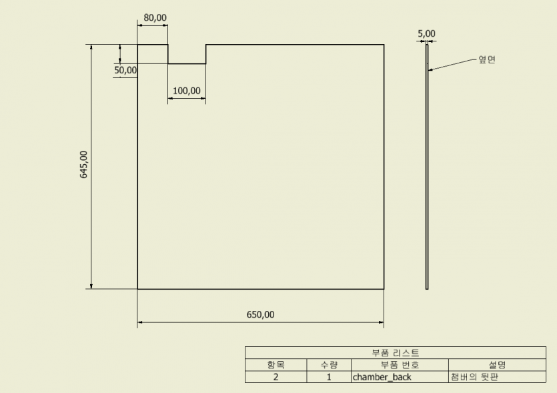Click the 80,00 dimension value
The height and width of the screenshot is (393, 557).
click(155, 17)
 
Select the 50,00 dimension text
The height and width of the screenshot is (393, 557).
click(125, 70)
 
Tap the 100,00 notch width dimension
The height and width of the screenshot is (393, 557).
click(187, 91)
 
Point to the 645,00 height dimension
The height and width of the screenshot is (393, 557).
click(84, 165)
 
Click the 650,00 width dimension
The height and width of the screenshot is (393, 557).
click(260, 314)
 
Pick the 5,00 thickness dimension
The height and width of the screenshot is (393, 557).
click(426, 33)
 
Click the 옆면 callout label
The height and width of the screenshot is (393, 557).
click(487, 59)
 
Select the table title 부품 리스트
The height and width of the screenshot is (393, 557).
click(396, 353)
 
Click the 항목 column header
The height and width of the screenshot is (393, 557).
click(276, 365)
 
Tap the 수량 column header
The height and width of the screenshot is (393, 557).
click(329, 365)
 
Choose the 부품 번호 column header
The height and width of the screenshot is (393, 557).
click(400, 365)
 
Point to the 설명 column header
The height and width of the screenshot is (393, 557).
click(498, 365)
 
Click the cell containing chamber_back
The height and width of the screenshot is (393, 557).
click(400, 377)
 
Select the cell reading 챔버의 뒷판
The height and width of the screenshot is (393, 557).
click(497, 377)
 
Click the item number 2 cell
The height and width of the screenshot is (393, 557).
click(275, 377)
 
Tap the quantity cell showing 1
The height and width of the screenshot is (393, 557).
click(329, 377)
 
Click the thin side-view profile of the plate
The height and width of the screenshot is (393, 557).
click(427, 167)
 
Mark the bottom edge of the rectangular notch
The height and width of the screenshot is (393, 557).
click(187, 64)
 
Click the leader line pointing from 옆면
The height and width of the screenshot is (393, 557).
click(452, 64)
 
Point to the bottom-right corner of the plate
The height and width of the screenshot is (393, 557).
click(384, 289)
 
